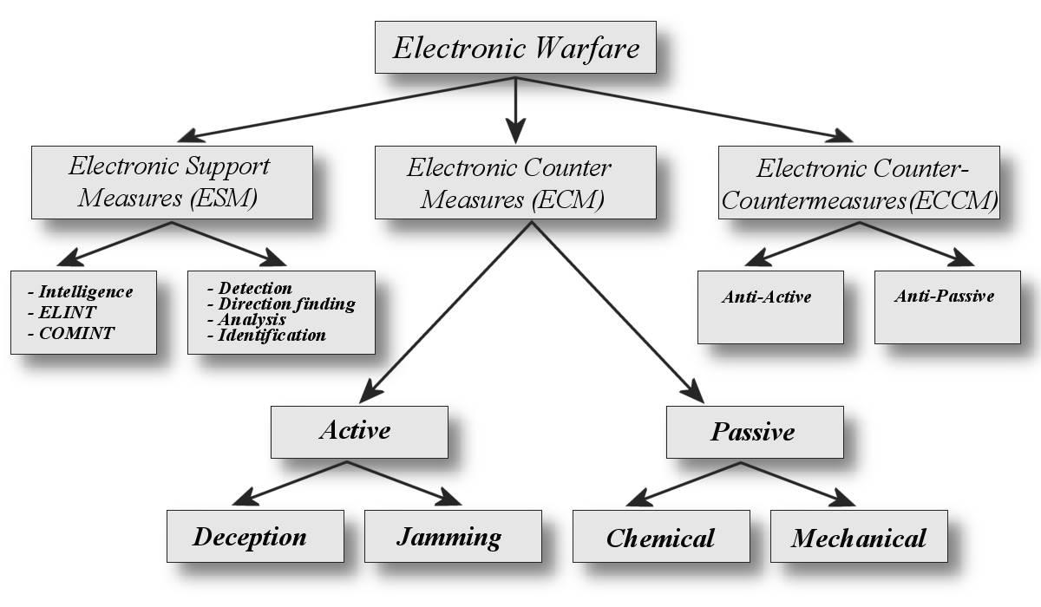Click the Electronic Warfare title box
tap(515, 48)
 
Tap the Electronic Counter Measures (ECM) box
tap(515, 181)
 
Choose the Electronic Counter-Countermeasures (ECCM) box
tap(859, 181)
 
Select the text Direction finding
tap(286, 304)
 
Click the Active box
tap(358, 431)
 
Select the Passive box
tap(753, 431)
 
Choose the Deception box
tap(250, 536)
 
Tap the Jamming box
tap(449, 536)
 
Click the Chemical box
tap(659, 538)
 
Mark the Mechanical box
tap(857, 538)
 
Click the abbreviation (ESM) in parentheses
tap(224, 197)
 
